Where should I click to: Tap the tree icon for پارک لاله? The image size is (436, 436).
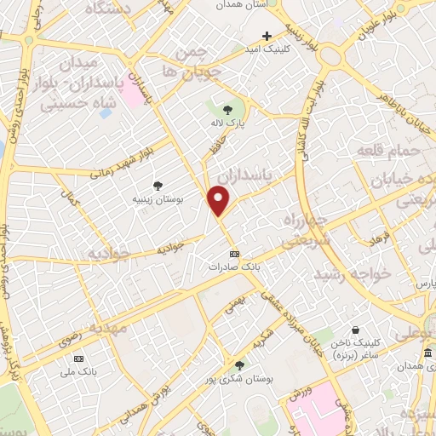227,109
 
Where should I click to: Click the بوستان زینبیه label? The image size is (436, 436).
158,199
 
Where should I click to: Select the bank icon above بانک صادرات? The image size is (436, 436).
235,254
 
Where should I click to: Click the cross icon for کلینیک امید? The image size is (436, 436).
267,36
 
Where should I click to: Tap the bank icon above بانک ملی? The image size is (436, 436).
79,358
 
